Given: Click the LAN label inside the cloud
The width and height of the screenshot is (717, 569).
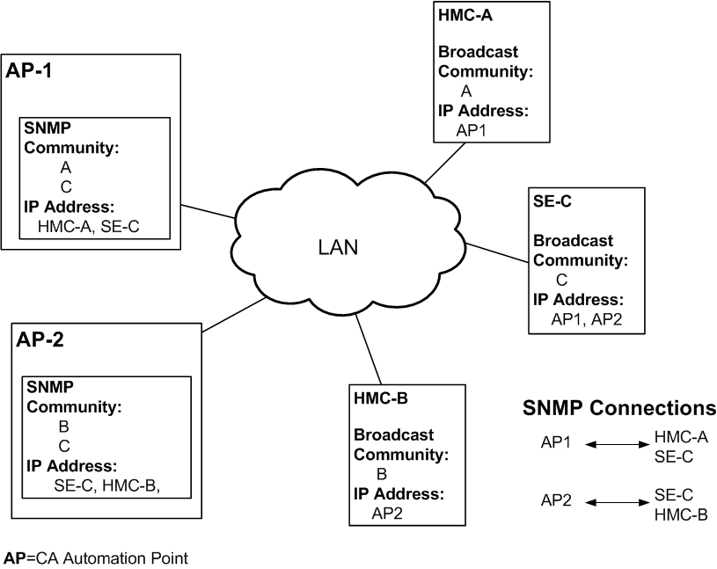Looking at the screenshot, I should [x=337, y=248].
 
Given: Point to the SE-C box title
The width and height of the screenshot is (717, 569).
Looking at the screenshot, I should [x=552, y=201].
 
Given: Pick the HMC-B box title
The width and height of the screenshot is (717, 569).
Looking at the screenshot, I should [x=380, y=398].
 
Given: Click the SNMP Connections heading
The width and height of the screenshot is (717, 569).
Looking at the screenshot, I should [x=618, y=408].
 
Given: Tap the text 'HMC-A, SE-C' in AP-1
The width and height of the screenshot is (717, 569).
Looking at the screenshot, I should [x=90, y=226].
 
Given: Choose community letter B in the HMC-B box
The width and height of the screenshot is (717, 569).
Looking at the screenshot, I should [x=382, y=474].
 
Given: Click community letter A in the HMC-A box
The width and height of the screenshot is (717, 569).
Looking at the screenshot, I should [x=465, y=91].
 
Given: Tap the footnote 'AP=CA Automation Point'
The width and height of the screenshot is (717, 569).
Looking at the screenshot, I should [x=96, y=558].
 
